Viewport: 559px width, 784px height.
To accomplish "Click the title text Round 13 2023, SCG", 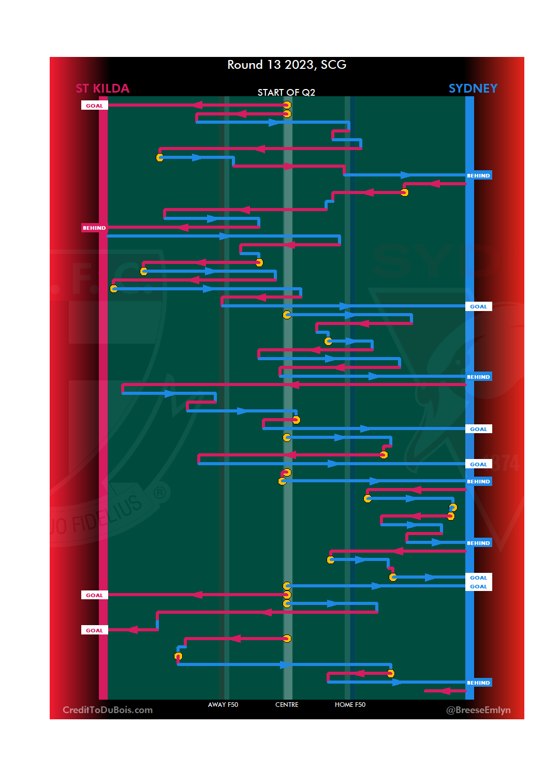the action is [x=287, y=65].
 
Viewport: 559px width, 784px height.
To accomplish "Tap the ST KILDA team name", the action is [x=102, y=88].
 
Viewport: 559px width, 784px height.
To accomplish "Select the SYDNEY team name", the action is [x=473, y=88].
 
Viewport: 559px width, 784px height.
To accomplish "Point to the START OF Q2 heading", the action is [x=286, y=92].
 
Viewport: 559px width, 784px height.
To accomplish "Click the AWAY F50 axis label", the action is [x=223, y=705].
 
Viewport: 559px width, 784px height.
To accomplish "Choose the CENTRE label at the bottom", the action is [x=287, y=705].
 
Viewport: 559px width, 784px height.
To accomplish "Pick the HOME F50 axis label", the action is [x=350, y=705].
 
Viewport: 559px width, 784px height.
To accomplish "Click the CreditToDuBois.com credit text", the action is [x=108, y=710].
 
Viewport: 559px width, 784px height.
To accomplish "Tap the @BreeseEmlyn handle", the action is [x=478, y=710].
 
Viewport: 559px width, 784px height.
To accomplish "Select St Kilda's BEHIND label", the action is [x=94, y=228].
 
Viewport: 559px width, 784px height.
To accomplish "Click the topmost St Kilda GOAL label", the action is [x=94, y=106].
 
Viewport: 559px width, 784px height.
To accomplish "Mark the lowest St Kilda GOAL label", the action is [x=94, y=630].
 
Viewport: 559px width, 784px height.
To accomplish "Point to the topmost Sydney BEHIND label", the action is [x=478, y=175].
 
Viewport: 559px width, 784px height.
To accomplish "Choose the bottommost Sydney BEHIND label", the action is [x=478, y=683].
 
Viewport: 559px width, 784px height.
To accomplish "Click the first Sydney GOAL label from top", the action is [x=478, y=306].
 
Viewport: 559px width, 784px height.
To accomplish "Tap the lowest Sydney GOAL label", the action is [x=478, y=586].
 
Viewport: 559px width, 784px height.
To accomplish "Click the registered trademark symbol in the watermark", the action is [x=160, y=493].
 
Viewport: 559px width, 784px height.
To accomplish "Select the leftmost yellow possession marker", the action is [x=114, y=288].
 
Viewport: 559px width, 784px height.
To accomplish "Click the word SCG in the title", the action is [x=333, y=65].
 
